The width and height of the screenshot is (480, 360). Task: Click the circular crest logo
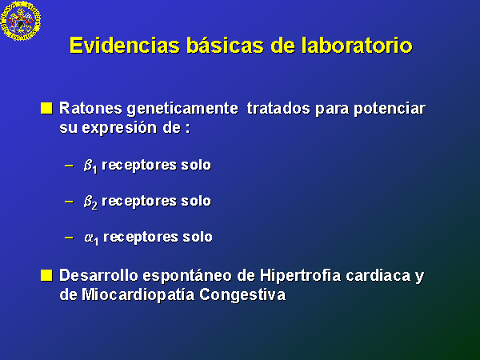pos(21,21)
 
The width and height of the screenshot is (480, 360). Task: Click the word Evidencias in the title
pos(124,46)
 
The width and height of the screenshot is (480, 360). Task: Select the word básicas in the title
pos(225,46)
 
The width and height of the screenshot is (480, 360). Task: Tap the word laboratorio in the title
pos(357,46)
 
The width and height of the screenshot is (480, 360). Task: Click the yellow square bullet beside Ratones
pos(46,108)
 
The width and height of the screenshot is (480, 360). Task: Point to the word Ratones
pos(90,108)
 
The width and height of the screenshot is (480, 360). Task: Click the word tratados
pos(278,108)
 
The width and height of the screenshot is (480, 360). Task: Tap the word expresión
pos(120,129)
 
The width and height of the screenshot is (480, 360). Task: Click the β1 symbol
pos(90,166)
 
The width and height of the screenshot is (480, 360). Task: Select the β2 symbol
pos(90,202)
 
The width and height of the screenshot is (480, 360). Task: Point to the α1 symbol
pos(91,238)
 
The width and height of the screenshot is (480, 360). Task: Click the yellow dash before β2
pos(69,202)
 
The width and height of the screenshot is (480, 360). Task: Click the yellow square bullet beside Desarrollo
pos(46,275)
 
